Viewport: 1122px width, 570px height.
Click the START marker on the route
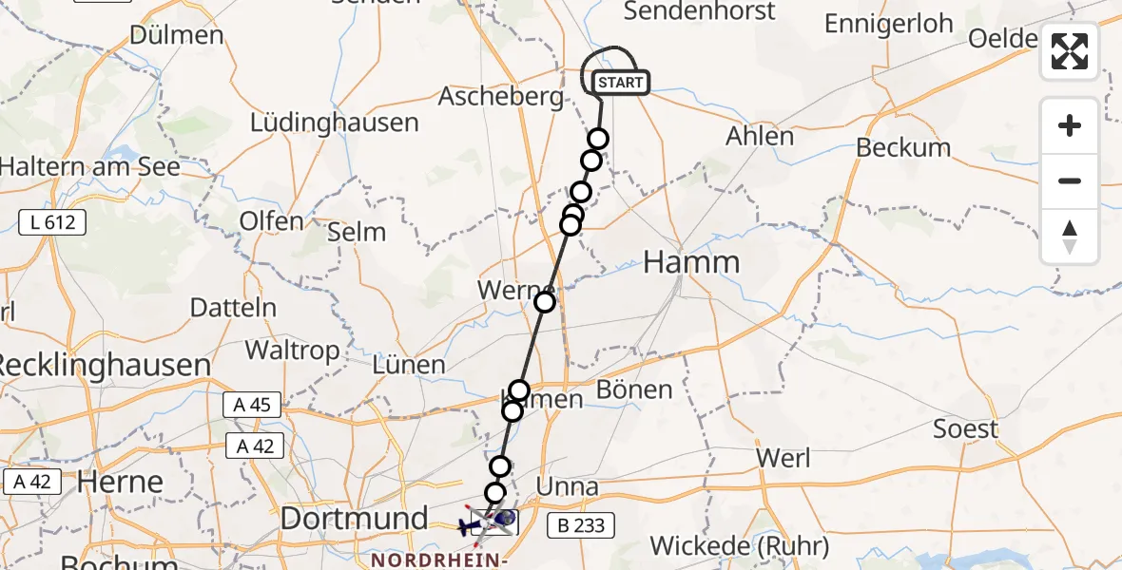click(621, 84)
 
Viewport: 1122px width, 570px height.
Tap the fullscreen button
click(1070, 51)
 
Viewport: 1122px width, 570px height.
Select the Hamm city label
click(691, 263)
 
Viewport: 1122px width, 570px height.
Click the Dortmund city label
click(354, 519)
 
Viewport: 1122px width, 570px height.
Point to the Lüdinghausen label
click(334, 123)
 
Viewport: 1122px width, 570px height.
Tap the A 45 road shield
click(252, 405)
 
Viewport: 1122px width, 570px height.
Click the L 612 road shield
click(52, 223)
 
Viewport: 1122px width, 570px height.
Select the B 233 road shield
click(581, 523)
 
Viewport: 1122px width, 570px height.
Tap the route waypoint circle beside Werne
click(545, 302)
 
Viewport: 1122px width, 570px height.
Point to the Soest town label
click(966, 429)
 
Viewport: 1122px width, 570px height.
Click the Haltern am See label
click(89, 167)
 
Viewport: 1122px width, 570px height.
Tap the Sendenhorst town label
click(699, 11)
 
